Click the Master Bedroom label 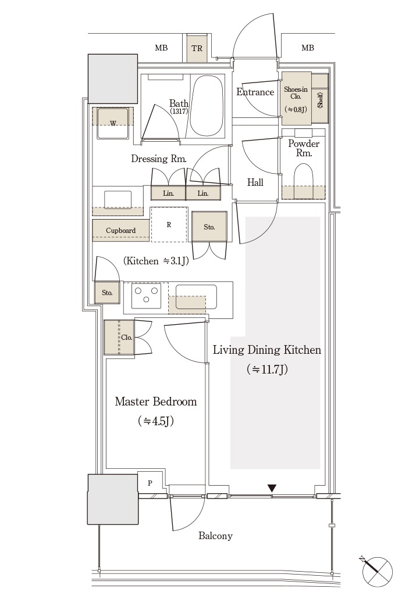click(156, 401)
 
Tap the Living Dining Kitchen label click(267, 350)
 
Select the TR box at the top click(197, 48)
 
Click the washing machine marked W click(113, 123)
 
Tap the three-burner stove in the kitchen click(146, 295)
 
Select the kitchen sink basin click(196, 297)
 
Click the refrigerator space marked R click(169, 224)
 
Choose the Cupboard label click(120, 230)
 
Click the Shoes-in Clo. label click(296, 93)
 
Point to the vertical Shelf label click(321, 100)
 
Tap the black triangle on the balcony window click(272, 489)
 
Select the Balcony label click(215, 536)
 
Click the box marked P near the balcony click(150, 483)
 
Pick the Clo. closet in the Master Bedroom click(119, 337)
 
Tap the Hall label click(255, 182)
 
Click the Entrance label click(255, 92)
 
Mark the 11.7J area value click(268, 369)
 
